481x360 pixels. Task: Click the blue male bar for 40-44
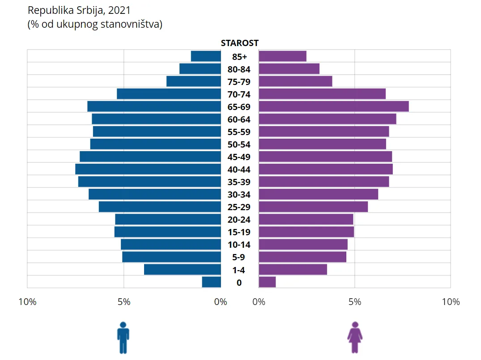point(148,169)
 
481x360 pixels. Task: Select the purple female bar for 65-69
point(334,106)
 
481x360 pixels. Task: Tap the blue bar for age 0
point(211,282)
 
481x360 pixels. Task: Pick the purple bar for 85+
point(282,56)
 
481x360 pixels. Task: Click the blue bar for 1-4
point(183,270)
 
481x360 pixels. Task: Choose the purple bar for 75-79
point(295,81)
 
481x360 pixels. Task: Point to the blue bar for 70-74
point(169,94)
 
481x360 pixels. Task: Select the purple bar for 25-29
point(313,207)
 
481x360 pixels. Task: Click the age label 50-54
point(239,144)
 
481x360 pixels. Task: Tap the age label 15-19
point(239,232)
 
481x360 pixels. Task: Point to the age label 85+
point(239,57)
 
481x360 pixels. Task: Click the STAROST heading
point(239,43)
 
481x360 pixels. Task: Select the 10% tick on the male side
point(28,302)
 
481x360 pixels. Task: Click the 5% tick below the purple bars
point(355,302)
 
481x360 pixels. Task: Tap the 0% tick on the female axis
point(259,302)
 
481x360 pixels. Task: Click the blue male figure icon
point(123,338)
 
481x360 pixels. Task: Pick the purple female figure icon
point(355,338)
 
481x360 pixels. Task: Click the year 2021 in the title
point(119,10)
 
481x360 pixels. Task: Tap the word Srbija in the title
point(91,11)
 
